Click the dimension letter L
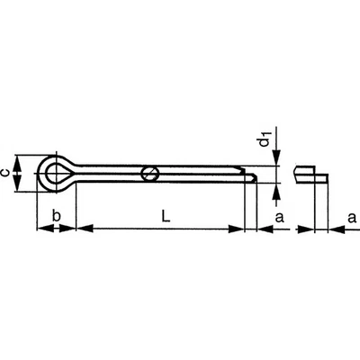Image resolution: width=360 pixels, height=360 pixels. (164, 216)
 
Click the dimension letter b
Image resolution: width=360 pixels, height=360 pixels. (57, 216)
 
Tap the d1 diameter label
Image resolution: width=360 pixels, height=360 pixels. (265, 141)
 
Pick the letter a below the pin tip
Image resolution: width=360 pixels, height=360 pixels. (279, 216)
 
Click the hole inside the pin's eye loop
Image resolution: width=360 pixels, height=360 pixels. (56, 170)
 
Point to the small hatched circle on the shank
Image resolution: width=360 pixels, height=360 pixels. (152, 171)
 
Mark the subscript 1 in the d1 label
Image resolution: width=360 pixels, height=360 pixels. (267, 134)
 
